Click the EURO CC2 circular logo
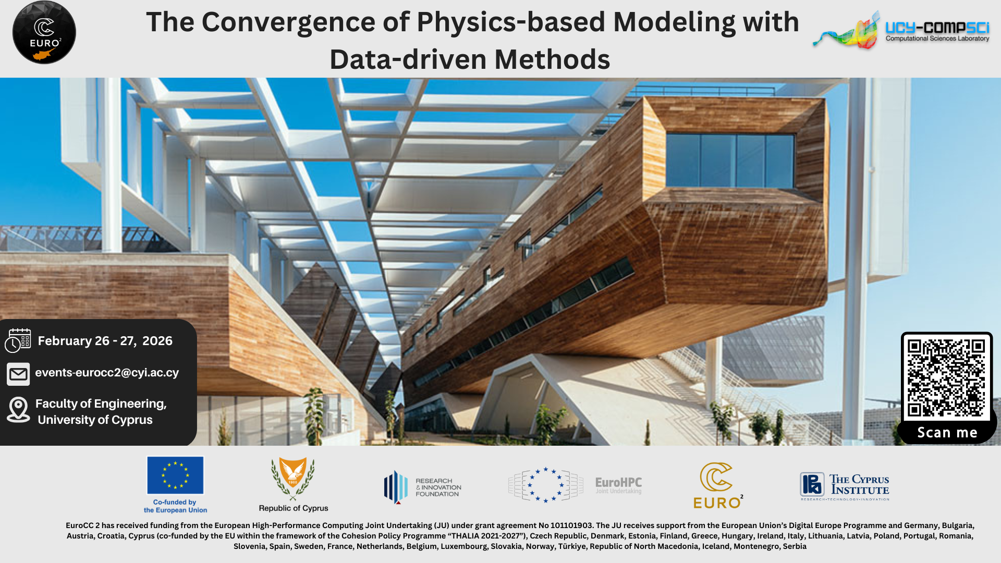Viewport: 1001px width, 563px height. [x=44, y=32]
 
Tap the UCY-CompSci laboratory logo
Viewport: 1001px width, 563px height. [x=901, y=30]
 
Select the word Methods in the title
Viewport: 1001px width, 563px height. [x=552, y=59]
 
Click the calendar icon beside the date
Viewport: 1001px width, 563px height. [x=18, y=341]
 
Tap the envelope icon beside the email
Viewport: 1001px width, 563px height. [x=18, y=374]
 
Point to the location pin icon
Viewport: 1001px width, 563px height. [x=18, y=410]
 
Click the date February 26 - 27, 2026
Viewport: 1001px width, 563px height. [x=105, y=341]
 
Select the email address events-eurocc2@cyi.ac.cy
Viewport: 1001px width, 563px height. [x=107, y=373]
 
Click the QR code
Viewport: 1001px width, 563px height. [x=947, y=377]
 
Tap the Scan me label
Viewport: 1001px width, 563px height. [x=947, y=433]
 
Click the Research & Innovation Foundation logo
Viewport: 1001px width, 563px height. [x=423, y=487]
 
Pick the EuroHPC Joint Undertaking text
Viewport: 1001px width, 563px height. [x=618, y=485]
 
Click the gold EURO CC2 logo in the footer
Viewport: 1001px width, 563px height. [x=718, y=485]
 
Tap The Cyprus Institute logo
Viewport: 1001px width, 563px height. [x=845, y=486]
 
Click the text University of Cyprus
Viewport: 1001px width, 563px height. [x=95, y=420]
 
